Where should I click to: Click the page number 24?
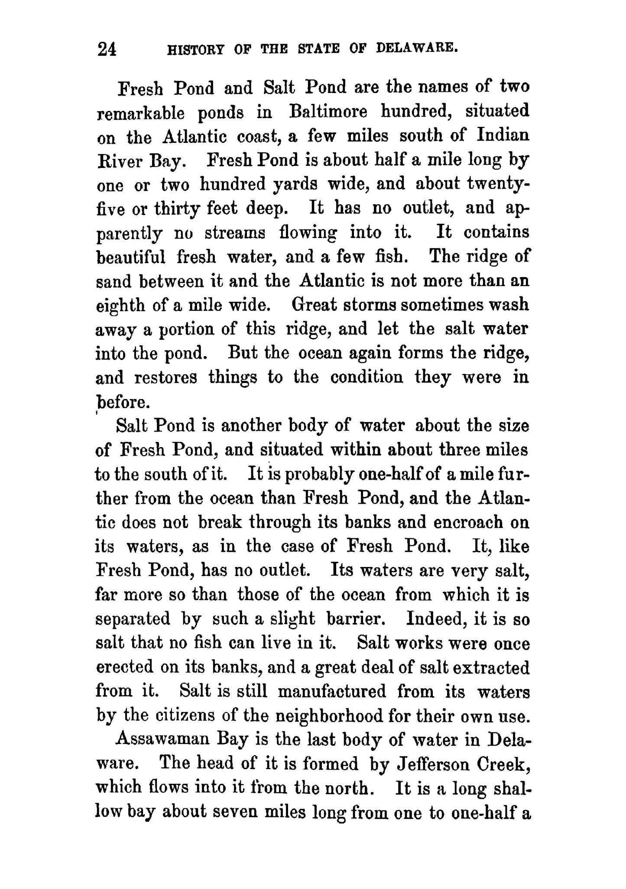pyautogui.click(x=107, y=49)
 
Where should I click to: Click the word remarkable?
pyautogui.click(x=140, y=113)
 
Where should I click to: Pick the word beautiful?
pyautogui.click(x=130, y=257)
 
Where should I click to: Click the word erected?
pyautogui.click(x=125, y=667)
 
